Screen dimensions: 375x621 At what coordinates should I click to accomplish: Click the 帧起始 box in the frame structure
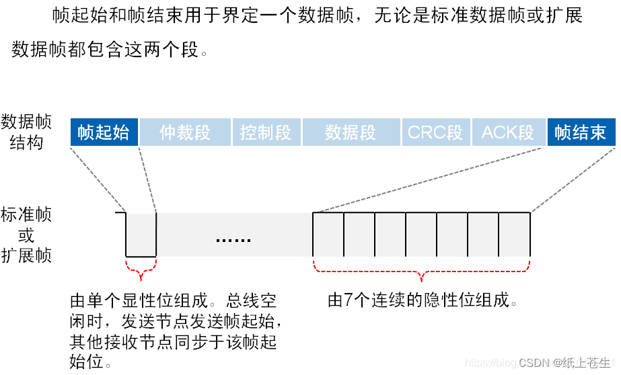[104, 132]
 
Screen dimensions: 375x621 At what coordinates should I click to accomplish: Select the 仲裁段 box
[185, 132]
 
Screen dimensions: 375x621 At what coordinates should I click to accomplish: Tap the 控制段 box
[266, 132]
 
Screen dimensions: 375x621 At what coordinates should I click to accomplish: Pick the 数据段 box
[350, 132]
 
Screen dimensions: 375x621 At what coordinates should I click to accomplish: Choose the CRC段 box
[435, 132]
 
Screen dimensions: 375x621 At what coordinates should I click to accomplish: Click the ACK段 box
[507, 132]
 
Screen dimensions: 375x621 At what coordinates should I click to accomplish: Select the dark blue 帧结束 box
[580, 132]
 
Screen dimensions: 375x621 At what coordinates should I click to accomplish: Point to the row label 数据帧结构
[26, 132]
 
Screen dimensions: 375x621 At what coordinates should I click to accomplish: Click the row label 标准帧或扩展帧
[26, 235]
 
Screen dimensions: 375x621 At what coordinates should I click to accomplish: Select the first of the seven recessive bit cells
[328, 235]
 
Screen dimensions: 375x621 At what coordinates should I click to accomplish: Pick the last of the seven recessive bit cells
[515, 235]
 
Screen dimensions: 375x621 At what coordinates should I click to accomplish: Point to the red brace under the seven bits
[421, 274]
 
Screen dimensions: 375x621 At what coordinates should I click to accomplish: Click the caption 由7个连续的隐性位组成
[423, 300]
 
